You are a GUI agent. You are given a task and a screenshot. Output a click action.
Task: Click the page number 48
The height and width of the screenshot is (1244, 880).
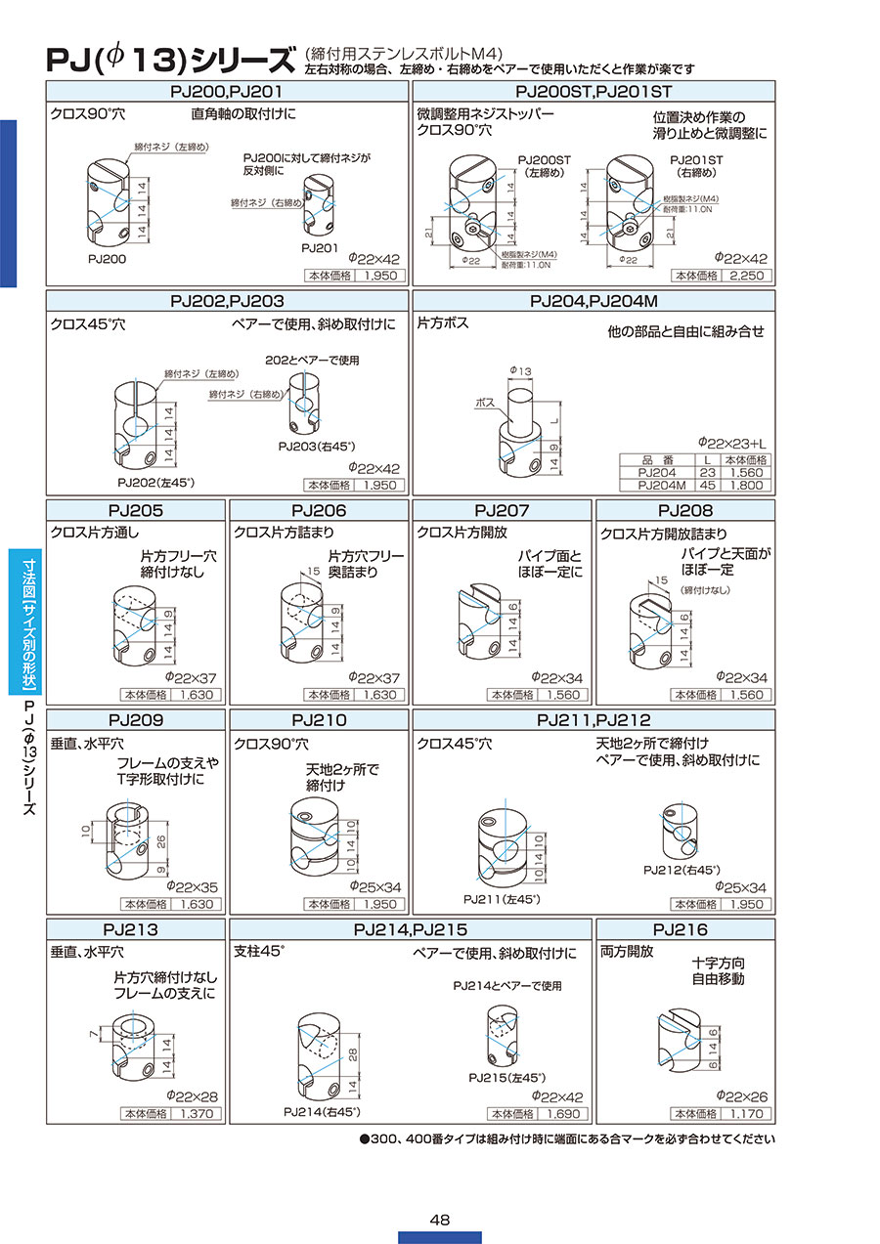(439, 1219)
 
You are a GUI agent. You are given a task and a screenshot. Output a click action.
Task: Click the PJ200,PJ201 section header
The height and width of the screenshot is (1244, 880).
(227, 91)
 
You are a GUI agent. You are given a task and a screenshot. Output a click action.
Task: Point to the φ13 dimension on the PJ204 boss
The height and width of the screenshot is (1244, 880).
(519, 371)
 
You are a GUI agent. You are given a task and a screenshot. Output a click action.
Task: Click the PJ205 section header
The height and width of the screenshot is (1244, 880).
(136, 510)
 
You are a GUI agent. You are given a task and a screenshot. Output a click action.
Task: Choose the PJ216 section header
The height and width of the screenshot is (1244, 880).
(684, 929)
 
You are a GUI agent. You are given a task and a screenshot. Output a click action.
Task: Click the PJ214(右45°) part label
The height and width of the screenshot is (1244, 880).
(322, 1112)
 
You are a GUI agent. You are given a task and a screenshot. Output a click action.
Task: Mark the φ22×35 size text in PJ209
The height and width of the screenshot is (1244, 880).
(191, 886)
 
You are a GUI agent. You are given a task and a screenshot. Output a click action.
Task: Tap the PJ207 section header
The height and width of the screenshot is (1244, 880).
(502, 510)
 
